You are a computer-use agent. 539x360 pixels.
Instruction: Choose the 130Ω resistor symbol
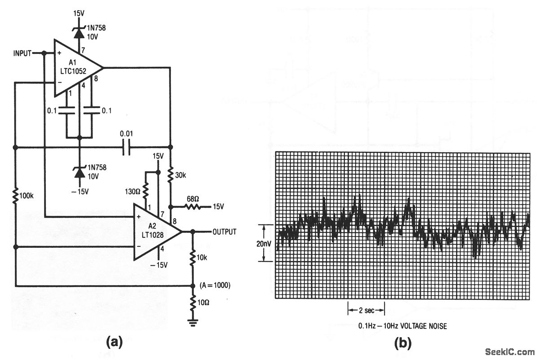[145, 191]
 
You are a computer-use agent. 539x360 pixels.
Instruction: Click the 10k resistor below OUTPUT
[193, 258]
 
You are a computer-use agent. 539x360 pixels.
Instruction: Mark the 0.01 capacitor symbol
[126, 147]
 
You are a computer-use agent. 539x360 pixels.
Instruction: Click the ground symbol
[193, 321]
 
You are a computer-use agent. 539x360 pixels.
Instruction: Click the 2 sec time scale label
[366, 310]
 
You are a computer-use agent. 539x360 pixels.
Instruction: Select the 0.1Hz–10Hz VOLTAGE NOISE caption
[402, 326]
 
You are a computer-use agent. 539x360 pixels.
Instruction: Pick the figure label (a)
[113, 343]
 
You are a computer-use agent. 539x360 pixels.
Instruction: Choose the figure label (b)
[402, 343]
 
